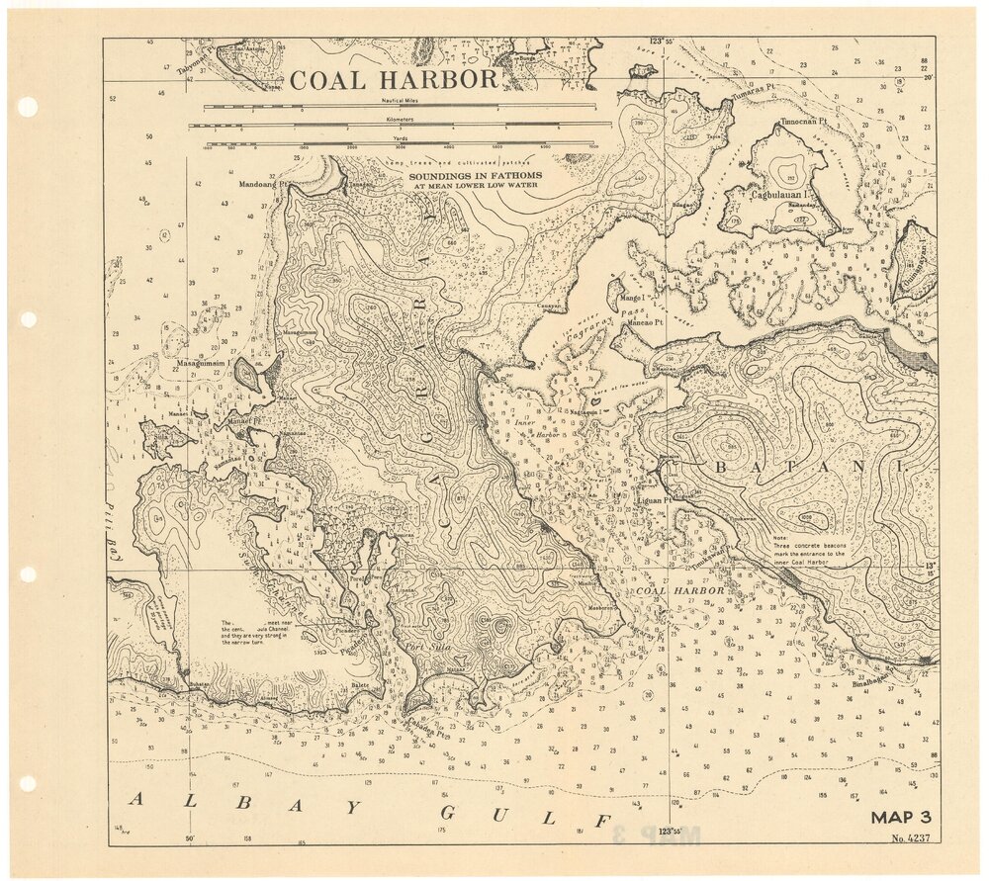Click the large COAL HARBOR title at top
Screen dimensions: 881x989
click(394, 80)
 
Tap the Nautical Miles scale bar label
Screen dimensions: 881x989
click(400, 101)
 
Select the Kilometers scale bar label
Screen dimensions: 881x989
click(399, 118)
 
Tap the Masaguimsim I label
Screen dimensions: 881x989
click(203, 363)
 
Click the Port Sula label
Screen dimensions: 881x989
click(423, 647)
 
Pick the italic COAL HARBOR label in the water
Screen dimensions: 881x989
click(679, 590)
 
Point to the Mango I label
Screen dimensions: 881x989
click(630, 296)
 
